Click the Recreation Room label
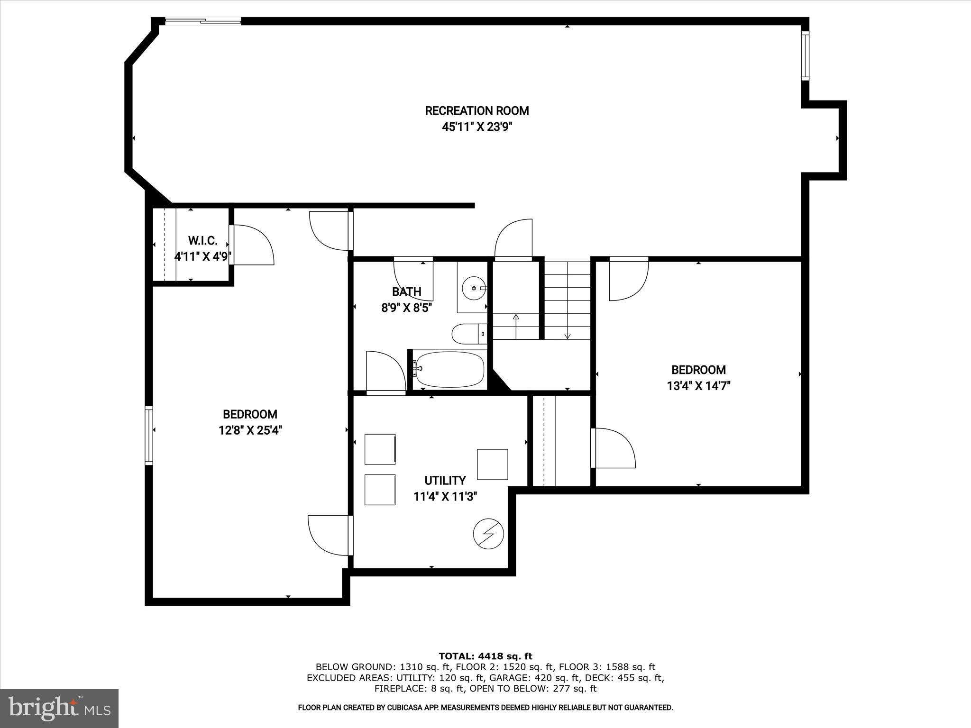point(476,111)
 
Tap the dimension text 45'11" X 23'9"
point(476,127)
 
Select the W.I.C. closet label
point(202,241)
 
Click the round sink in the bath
point(474,288)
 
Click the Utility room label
point(445,481)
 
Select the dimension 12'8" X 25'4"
point(250,430)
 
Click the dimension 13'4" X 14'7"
point(698,386)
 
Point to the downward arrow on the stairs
point(568,336)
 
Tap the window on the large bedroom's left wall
point(149,435)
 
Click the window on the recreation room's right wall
point(805,55)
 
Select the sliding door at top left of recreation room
point(203,20)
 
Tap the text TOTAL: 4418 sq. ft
point(485,656)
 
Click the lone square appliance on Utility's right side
point(492,464)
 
